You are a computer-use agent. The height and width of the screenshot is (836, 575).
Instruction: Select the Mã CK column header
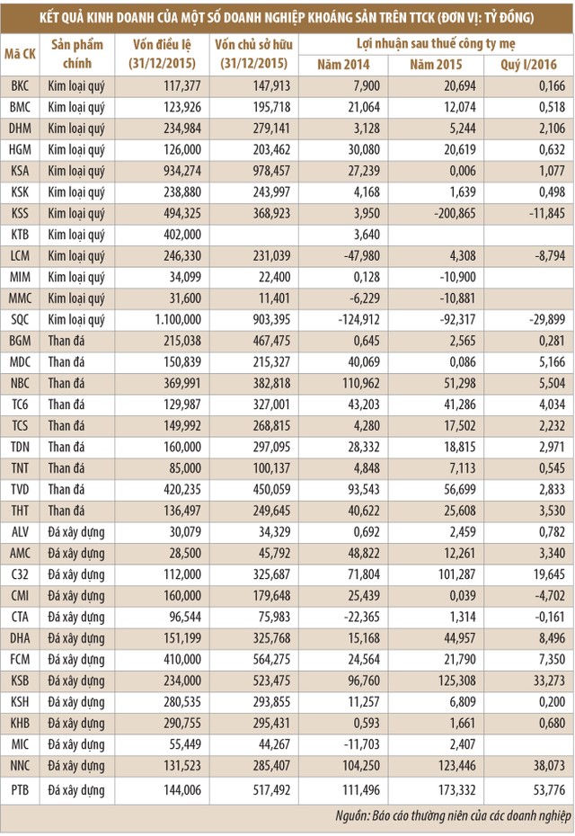click(x=21, y=54)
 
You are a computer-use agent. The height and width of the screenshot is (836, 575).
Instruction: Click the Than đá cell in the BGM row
click(x=66, y=341)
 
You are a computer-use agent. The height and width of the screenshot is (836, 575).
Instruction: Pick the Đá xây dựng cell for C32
click(x=76, y=574)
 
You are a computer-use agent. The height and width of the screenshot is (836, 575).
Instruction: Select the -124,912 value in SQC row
click(x=345, y=319)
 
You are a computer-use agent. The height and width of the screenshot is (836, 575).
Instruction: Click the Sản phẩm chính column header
click(x=77, y=54)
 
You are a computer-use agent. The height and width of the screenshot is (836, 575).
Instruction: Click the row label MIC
click(x=20, y=744)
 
